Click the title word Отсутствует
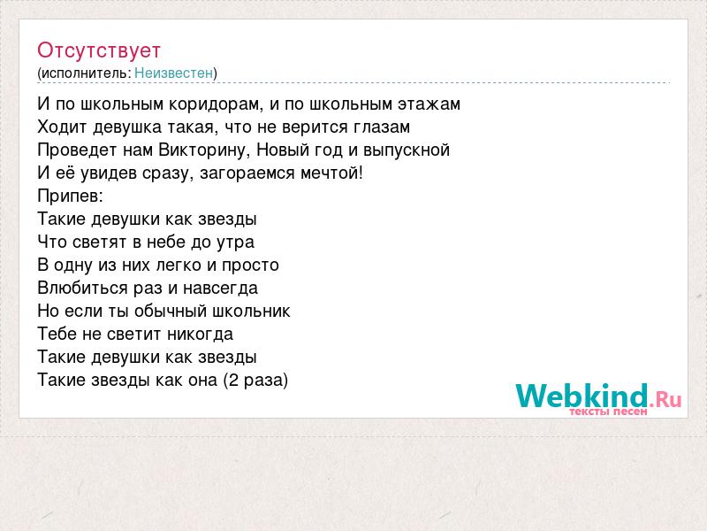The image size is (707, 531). point(99,50)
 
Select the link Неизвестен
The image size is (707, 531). point(173,73)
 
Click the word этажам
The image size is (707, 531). point(429,104)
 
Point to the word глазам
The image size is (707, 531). point(382,127)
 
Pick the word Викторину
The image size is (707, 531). point(204,150)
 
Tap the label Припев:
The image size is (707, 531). point(71,196)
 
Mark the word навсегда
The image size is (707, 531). point(220,289)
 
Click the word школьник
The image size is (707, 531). point(251,312)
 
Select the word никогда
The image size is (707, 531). point(201,335)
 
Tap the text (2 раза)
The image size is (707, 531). point(255,381)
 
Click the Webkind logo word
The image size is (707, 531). point(582,396)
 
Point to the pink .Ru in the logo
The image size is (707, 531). point(665,399)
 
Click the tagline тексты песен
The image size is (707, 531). point(608,412)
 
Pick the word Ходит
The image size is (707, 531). point(62,127)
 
